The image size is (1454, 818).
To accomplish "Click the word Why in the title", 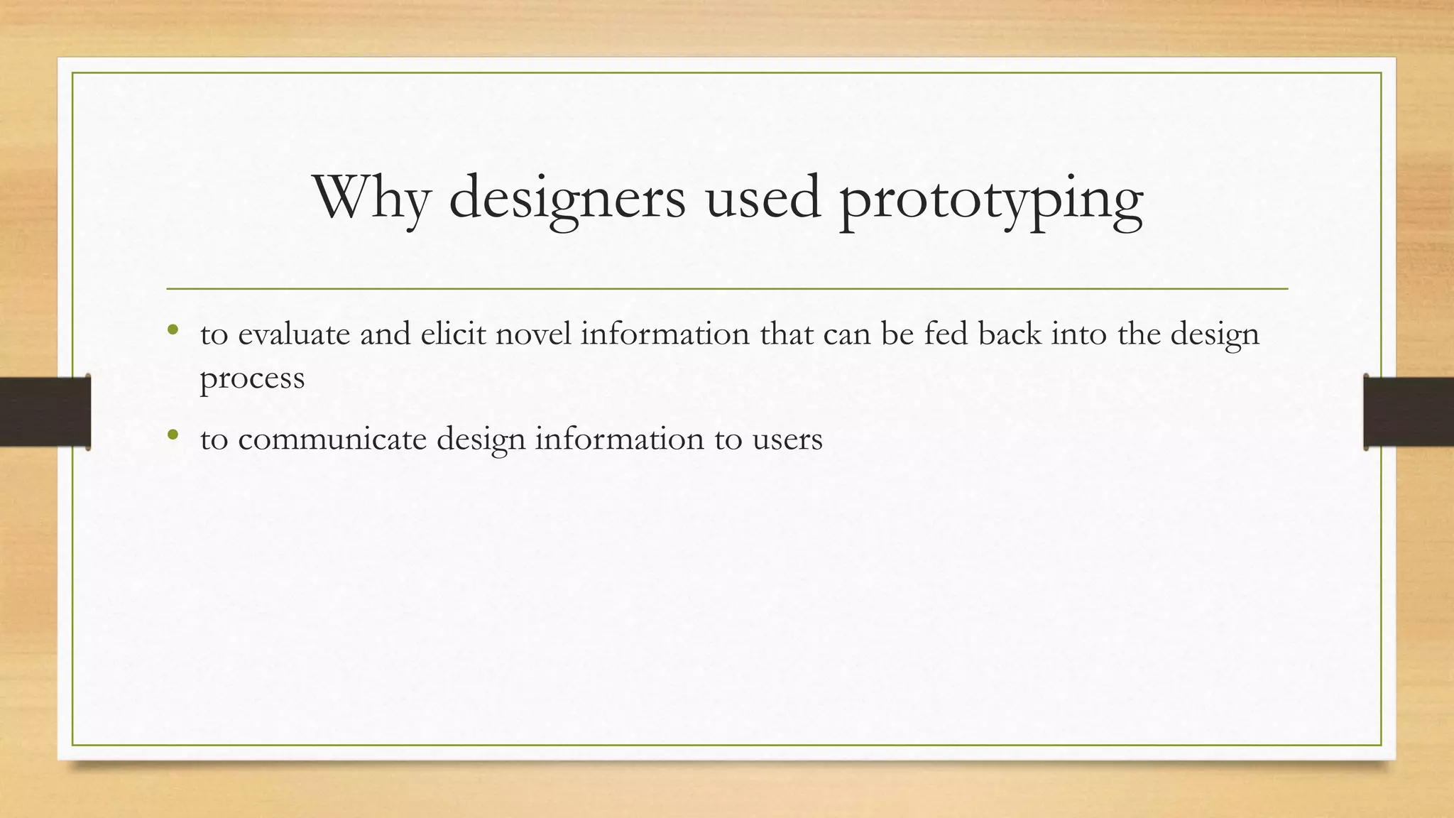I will click(x=371, y=197).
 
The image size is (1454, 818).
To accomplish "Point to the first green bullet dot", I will click(x=173, y=330).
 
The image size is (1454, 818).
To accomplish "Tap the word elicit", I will click(x=453, y=334).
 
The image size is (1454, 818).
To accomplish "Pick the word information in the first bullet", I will click(x=665, y=334).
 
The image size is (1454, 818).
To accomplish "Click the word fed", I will click(x=946, y=334).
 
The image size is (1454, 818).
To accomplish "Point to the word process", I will click(x=252, y=378).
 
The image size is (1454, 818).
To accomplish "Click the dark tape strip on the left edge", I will click(x=45, y=412).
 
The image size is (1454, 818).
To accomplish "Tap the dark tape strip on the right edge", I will click(x=1409, y=412).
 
